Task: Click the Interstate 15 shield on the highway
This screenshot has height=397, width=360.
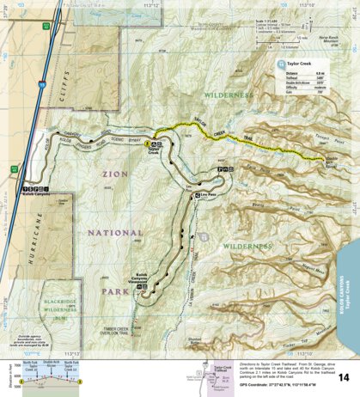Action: click(40, 86)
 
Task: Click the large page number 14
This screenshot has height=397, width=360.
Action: click(343, 377)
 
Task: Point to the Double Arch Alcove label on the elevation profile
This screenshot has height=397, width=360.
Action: click(50, 364)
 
